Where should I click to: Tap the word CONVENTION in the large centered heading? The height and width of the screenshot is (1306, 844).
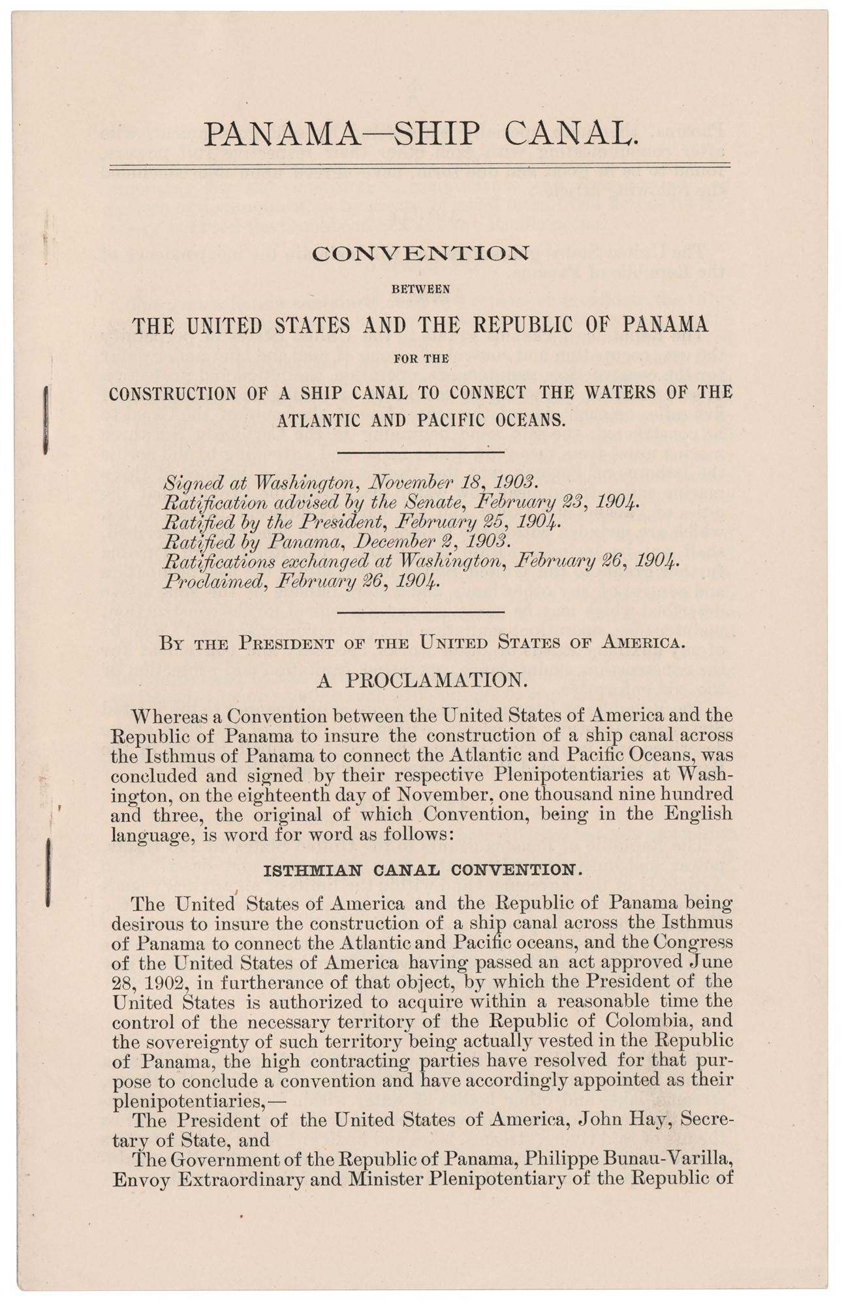[x=421, y=253]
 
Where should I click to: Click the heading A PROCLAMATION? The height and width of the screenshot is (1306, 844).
[x=421, y=680]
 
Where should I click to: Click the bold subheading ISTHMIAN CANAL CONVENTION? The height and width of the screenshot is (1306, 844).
[x=421, y=870]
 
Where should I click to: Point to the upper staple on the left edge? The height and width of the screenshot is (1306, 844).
[x=46, y=419]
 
